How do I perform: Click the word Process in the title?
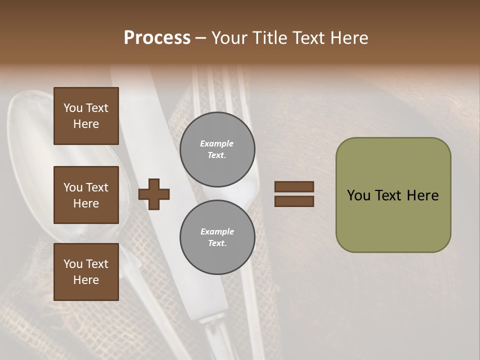[157, 37]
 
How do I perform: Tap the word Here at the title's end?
[348, 37]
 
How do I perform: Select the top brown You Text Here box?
[86, 116]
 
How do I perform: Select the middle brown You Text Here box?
[86, 195]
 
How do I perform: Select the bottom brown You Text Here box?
[86, 272]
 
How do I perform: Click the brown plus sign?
[154, 194]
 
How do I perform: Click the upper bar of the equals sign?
[294, 187]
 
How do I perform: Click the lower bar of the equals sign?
[294, 201]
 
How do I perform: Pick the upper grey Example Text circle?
[217, 149]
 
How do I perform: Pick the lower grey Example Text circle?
[217, 237]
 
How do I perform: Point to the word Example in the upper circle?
[216, 143]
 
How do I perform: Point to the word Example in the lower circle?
[217, 231]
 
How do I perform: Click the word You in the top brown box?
[73, 108]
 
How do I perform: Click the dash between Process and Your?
[201, 38]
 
